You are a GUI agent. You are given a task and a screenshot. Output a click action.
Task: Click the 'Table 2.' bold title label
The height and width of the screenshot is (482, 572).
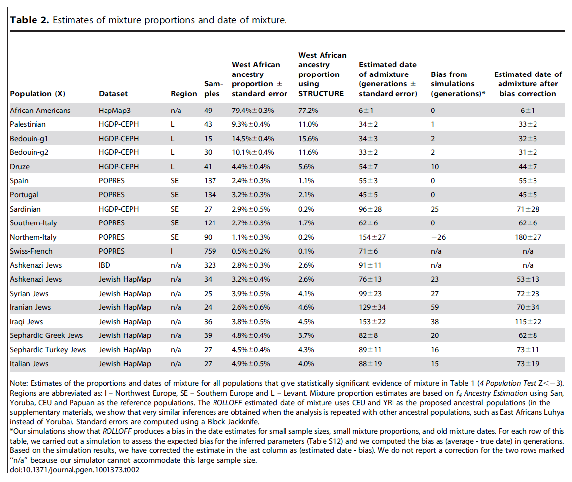pos(29,20)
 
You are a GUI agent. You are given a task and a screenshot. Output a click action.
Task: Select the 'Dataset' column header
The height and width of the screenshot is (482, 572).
pos(113,94)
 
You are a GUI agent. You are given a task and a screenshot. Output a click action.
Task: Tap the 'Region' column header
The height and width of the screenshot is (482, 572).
pos(184,94)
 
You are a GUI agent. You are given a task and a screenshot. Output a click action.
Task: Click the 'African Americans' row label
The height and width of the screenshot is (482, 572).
pos(40,110)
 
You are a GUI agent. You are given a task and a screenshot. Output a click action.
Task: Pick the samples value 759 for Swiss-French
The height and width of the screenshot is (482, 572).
pos(210,251)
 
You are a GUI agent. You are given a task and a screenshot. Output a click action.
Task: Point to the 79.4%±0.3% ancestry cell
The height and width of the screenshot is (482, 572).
pos(253,110)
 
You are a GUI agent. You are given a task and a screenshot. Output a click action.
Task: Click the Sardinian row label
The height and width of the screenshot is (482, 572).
pos(25,209)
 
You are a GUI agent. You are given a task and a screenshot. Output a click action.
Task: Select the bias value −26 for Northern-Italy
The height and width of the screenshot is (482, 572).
pos(438,237)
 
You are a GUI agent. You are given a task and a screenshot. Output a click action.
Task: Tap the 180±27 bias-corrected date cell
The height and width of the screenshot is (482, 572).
pos(528,237)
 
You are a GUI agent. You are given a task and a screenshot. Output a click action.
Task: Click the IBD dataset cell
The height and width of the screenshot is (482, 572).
pos(105,265)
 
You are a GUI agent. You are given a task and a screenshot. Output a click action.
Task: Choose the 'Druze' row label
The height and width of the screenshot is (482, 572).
pos(20,167)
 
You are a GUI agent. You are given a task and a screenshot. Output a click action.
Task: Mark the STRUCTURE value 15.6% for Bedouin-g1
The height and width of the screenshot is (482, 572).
pos(308,139)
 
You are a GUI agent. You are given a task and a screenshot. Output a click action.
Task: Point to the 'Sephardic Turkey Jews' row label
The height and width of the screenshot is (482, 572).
pos(48,350)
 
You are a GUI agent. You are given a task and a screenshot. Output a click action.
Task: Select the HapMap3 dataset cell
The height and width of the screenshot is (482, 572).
pos(114,110)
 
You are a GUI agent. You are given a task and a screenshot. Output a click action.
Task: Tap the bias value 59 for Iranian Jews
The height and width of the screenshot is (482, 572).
pos(435,307)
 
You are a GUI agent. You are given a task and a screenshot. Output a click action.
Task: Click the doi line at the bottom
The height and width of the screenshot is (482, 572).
pos(74,470)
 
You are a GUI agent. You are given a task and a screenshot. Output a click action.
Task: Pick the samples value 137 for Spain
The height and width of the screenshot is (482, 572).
pos(210,181)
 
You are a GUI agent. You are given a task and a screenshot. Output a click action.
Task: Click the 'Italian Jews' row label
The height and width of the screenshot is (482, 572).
pos(29,364)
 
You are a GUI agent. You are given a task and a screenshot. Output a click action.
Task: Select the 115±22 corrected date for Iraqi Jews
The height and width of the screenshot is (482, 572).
pos(528,322)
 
